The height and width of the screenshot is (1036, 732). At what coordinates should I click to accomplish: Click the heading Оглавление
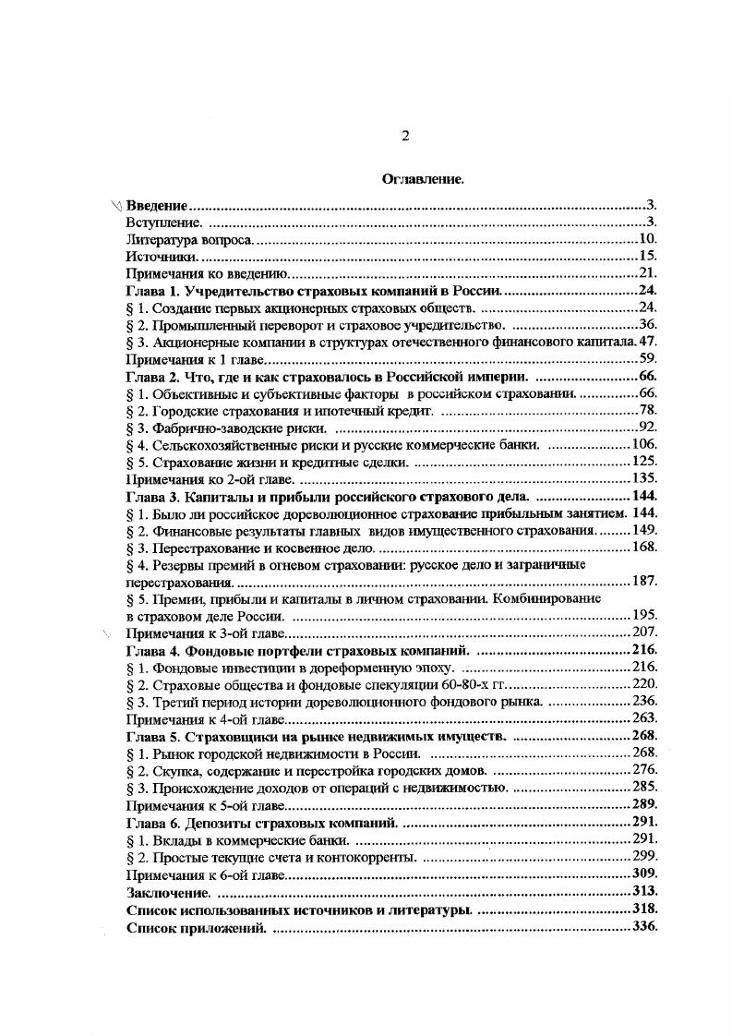point(422,180)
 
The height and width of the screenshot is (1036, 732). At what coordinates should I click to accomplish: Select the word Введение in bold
point(157,205)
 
